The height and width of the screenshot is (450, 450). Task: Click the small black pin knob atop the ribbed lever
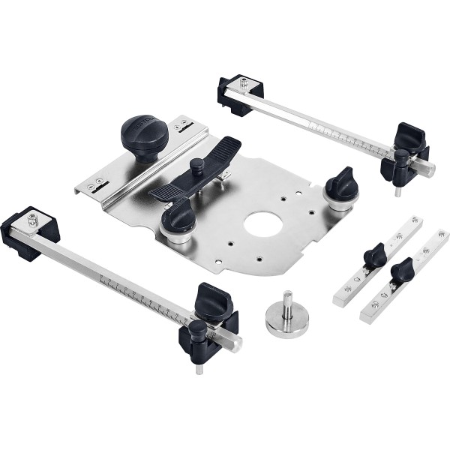point(196,163)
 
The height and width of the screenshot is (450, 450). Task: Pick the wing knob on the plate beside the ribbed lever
point(178,218)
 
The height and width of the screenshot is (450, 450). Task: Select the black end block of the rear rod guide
point(241,93)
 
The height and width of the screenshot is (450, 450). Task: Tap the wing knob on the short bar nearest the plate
point(375,255)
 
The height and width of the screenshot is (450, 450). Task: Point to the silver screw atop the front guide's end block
point(33,219)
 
